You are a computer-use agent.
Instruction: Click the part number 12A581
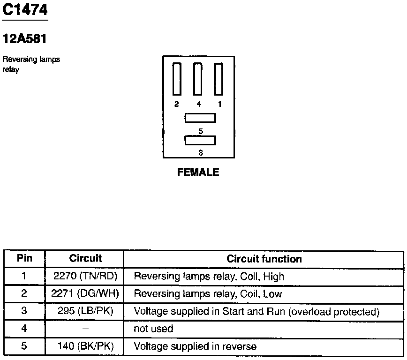tap(25, 39)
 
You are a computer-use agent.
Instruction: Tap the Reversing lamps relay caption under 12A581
tap(31, 65)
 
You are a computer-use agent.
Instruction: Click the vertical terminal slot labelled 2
tap(177, 79)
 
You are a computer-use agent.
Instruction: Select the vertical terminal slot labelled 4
tap(198, 79)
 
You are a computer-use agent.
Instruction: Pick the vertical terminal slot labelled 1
tap(218, 79)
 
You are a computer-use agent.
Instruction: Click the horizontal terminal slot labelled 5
tap(200, 118)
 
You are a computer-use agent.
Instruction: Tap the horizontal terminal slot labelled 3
tap(200, 140)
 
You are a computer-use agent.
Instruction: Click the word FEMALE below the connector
tap(198, 172)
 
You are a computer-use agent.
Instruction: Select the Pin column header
tap(24, 258)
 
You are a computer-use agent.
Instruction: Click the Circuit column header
tap(85, 258)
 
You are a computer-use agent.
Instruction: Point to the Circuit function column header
tap(264, 259)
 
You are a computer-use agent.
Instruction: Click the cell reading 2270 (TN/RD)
tap(85, 276)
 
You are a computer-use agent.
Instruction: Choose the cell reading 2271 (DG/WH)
tap(85, 294)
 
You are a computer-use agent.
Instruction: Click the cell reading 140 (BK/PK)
tap(85, 347)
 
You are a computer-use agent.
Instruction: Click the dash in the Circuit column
tap(85, 329)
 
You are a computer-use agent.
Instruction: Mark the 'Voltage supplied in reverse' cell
tap(195, 347)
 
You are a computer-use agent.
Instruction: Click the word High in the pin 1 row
tap(273, 277)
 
